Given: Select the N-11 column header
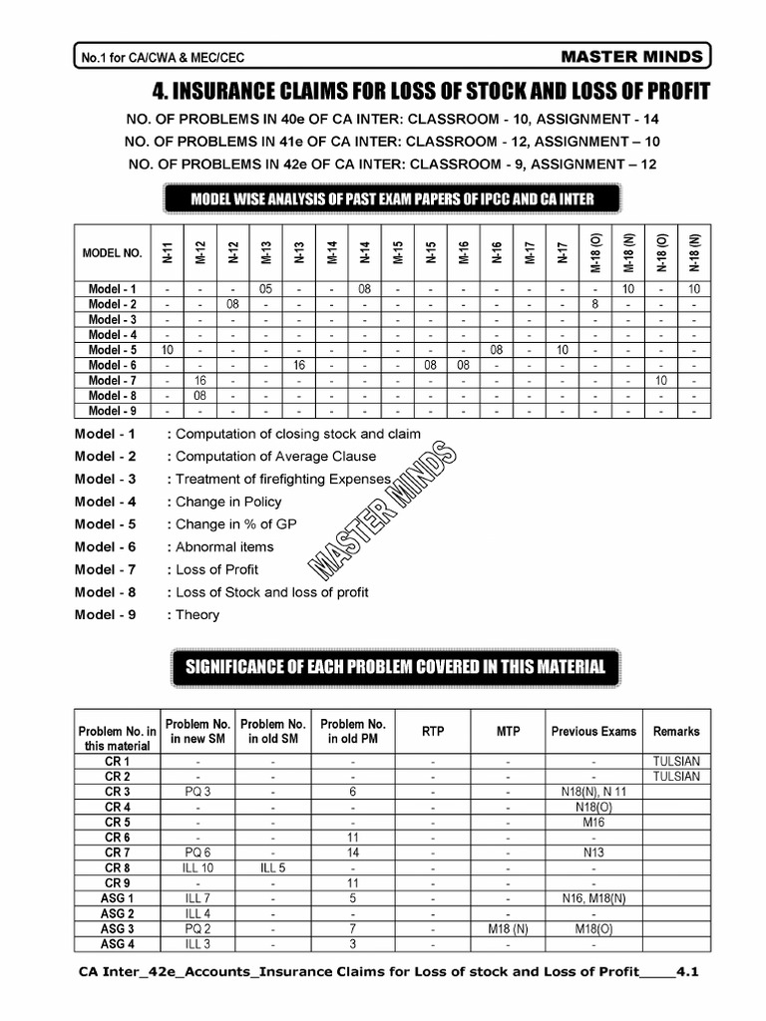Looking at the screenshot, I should (x=168, y=253).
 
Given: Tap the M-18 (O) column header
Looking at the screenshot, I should (x=594, y=253).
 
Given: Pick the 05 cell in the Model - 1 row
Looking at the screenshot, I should (x=265, y=289).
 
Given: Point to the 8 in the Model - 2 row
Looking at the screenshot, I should (x=594, y=304).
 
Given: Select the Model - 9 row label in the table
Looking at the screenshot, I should (x=112, y=410).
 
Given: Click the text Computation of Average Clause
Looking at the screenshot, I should (x=275, y=456).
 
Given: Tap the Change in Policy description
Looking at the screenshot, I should (x=228, y=502).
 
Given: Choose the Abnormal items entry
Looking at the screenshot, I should (x=224, y=546).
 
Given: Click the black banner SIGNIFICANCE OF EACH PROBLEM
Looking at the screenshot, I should (x=396, y=667).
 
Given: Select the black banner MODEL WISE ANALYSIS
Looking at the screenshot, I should (x=392, y=198).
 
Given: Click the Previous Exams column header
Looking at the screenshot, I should (x=593, y=731).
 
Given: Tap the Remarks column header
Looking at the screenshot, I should (x=675, y=731).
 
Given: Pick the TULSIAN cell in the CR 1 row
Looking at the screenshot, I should (x=675, y=761).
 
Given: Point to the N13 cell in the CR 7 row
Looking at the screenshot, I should (x=593, y=852).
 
